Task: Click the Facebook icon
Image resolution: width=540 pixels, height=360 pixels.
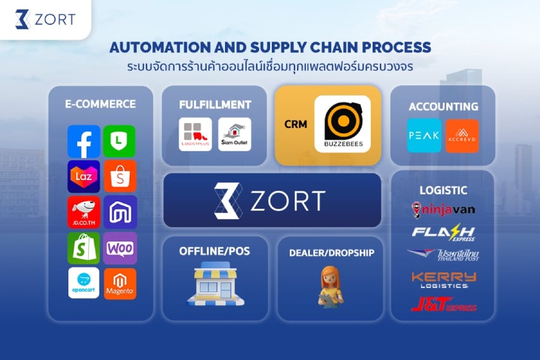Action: click(84, 141)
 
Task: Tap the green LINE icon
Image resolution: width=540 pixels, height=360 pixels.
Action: click(119, 141)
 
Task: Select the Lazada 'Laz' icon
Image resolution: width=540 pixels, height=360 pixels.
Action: click(84, 176)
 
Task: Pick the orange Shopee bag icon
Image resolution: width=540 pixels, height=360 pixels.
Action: click(119, 176)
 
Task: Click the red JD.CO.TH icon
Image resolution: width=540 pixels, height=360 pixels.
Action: click(84, 212)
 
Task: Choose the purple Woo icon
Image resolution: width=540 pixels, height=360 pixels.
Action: click(120, 248)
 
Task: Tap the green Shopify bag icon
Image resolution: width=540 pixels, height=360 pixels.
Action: click(84, 248)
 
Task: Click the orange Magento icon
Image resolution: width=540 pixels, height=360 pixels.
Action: click(120, 284)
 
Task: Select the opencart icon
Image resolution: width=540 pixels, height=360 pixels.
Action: click(84, 283)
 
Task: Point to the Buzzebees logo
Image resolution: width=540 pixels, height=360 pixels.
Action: click(343, 124)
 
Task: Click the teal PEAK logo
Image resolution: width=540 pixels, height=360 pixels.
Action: click(424, 136)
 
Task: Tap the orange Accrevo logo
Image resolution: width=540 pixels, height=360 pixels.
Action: click(462, 136)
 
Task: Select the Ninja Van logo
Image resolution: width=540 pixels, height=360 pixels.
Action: click(443, 210)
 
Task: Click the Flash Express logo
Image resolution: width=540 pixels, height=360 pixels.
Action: click(444, 233)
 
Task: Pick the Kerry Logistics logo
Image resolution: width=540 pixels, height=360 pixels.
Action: click(443, 280)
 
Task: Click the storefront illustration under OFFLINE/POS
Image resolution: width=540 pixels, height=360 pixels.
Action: click(215, 284)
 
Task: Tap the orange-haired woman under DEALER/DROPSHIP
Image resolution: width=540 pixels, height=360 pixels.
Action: click(331, 286)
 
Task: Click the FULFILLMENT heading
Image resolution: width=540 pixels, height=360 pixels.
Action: click(215, 104)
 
